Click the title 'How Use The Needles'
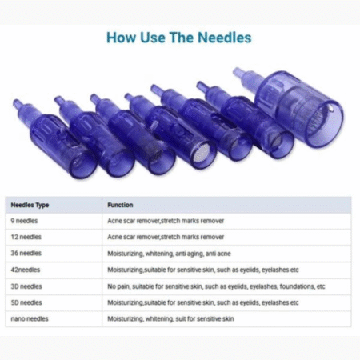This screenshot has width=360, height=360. coord(179,38)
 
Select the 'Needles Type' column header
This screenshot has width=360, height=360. coord(33,205)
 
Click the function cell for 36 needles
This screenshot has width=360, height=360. coord(169,253)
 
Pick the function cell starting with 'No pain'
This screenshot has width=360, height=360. coord(216,286)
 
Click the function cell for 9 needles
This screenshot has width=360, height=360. coord(166,220)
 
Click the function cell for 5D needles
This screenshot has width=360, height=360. coord(203,302)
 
